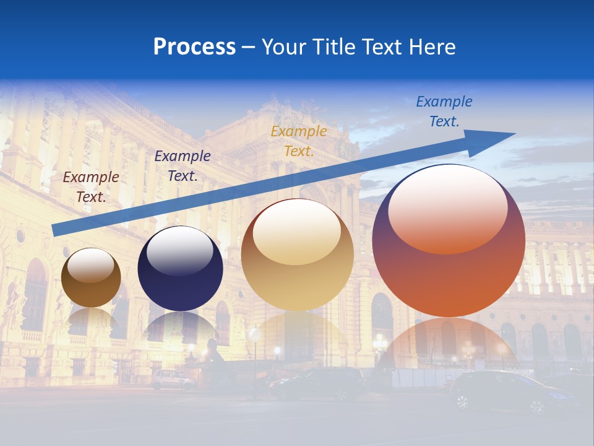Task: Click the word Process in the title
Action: pos(194,47)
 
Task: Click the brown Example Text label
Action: pos(91,186)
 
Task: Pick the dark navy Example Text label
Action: pos(183,165)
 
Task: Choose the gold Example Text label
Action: pos(299,141)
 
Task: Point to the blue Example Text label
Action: pos(444,111)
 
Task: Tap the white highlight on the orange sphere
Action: pos(448,208)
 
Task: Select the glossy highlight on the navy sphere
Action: pos(180,251)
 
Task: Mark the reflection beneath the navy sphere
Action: pos(180,328)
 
